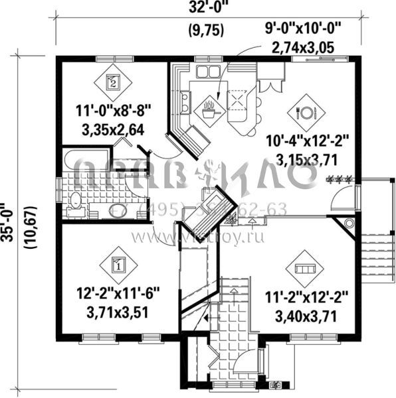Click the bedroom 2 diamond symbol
(112, 84)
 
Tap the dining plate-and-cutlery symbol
(307, 110)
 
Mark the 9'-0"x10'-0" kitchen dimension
(306, 30)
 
